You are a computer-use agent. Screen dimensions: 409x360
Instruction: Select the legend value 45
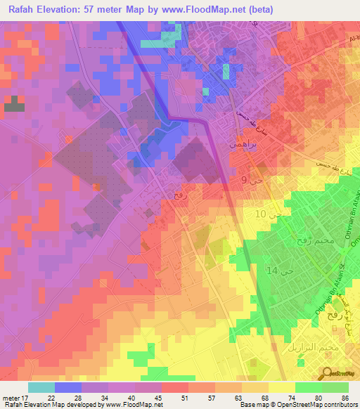coord(159,398)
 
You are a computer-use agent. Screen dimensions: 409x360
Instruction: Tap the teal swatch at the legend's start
coord(41,387)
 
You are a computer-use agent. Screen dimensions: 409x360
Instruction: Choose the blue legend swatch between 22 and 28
coord(68,387)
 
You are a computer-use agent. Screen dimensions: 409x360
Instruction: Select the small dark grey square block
coord(13,105)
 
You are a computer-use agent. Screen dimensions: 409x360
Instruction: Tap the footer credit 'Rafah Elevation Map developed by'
coord(49,405)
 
